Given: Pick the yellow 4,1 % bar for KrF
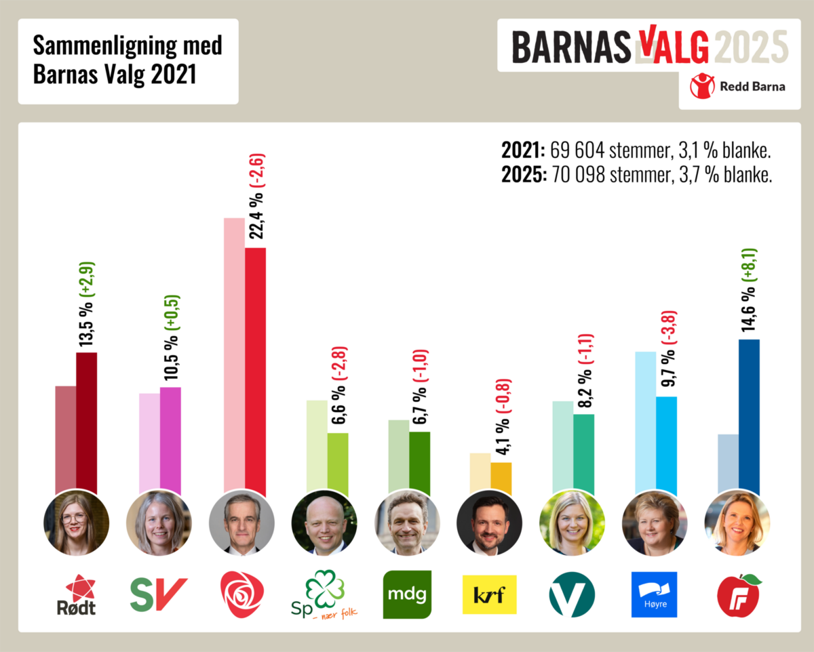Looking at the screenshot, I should click(x=501, y=478).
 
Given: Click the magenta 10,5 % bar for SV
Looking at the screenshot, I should click(x=170, y=441).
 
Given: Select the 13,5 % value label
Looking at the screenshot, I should click(x=87, y=323).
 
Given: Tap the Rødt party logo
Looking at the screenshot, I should click(x=76, y=594).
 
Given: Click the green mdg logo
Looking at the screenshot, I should click(x=407, y=594).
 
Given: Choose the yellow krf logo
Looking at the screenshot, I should click(x=489, y=594).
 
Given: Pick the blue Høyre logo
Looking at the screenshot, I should click(x=654, y=594).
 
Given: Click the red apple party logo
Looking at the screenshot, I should click(x=738, y=594).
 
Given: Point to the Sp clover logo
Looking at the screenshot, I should click(x=324, y=594).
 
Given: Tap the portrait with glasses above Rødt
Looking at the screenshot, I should click(x=76, y=522).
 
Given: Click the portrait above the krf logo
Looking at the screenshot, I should click(x=489, y=522).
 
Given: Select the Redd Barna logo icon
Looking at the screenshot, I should click(x=702, y=86).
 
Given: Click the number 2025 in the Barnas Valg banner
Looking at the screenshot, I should click(x=752, y=46).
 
